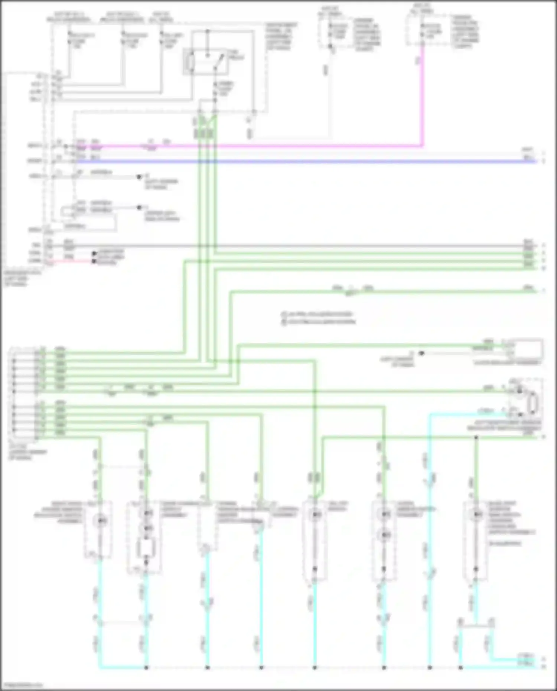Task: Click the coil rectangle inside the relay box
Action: coord(190,63)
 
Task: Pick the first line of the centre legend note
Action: coord(317,314)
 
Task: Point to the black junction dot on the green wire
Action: coord(476,438)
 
